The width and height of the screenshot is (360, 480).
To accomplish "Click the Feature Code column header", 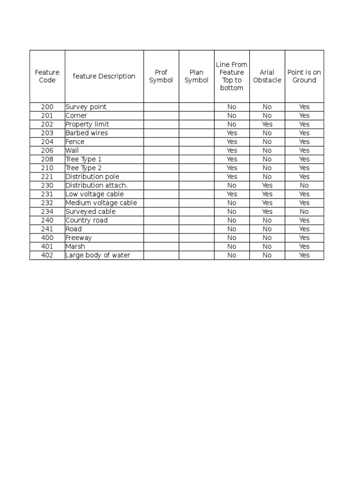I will (x=47, y=76).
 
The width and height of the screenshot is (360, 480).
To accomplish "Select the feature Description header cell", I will (x=104, y=76).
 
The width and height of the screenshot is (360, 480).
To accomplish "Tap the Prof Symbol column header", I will (x=161, y=76).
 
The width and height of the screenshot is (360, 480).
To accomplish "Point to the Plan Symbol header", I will (x=196, y=76).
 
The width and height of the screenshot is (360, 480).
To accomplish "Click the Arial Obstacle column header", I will (x=267, y=76).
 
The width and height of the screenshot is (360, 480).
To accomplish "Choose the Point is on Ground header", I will (x=304, y=76).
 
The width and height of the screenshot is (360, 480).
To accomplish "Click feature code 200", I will (x=47, y=107).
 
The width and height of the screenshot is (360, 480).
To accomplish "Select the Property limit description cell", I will (x=87, y=124).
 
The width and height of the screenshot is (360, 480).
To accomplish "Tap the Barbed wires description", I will (x=87, y=133).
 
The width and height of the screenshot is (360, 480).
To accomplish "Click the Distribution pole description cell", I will (x=92, y=177).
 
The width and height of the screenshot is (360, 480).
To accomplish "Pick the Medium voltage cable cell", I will (x=101, y=203).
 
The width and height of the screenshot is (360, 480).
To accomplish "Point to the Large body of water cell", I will (x=98, y=255).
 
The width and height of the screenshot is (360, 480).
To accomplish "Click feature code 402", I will (x=47, y=255).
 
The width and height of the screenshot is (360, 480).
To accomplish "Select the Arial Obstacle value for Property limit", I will (x=267, y=124).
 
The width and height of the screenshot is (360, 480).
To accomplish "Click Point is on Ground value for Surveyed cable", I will (x=304, y=211).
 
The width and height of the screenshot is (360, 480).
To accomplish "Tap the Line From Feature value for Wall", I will (x=232, y=150).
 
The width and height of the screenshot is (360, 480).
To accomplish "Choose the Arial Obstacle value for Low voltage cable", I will (x=267, y=194).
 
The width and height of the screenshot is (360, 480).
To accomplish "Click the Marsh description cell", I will (x=75, y=247).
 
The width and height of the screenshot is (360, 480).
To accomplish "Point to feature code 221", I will (x=47, y=177).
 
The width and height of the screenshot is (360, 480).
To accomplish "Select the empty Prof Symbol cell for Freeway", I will (x=161, y=238).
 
